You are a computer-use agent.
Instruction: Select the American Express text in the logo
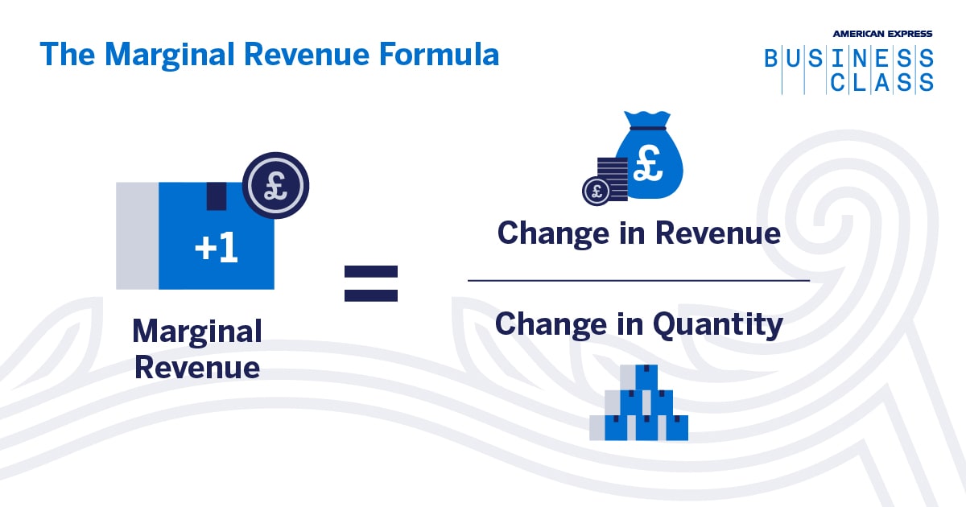coord(882,33)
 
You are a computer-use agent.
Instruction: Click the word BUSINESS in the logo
coord(848,59)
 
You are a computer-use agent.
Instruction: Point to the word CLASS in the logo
coord(881,82)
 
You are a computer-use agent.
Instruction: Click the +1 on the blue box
coord(216,249)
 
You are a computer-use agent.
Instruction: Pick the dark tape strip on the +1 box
coord(217,196)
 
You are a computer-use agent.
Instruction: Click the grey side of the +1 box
coord(137,235)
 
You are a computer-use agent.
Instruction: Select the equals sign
coord(371,283)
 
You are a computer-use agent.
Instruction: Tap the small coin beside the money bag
coord(596,191)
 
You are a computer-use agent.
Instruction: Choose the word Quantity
coord(716,324)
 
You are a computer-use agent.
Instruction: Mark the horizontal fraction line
coord(638,281)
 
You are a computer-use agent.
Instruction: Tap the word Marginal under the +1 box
coord(197,331)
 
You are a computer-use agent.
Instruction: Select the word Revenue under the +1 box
coord(197,367)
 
